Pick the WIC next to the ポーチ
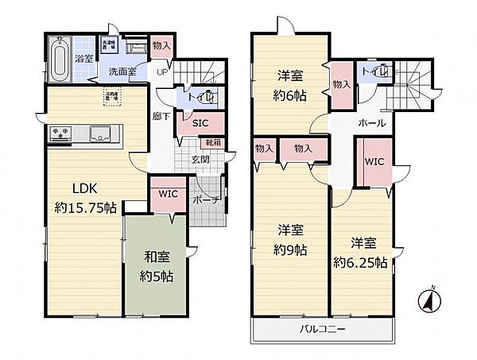tap(167, 193)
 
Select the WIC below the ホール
tap(374, 161)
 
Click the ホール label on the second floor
tap(373, 123)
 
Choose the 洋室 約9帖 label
tap(293, 239)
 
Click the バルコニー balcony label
tap(321, 327)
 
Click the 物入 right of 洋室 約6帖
tap(341, 84)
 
